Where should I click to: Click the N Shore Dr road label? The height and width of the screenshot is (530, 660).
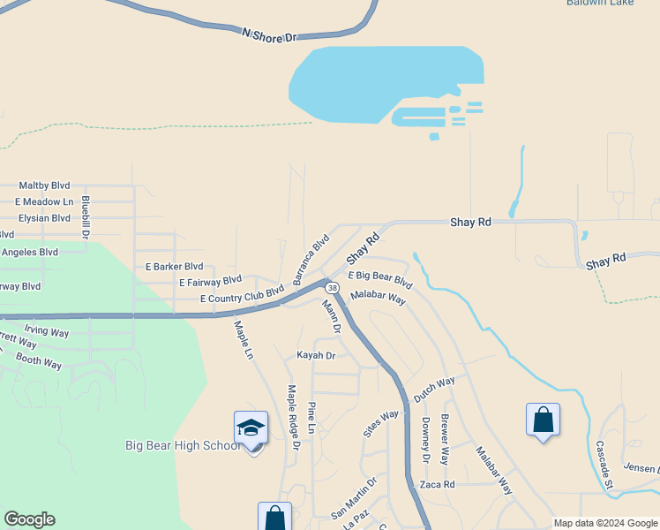(x=271, y=34)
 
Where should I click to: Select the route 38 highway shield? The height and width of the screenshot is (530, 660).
(x=332, y=288)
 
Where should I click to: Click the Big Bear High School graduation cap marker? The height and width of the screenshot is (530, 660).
(x=251, y=429)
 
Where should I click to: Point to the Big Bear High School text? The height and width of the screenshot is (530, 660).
(x=183, y=445)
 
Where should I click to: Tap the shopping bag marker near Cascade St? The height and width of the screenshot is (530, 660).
(x=543, y=420)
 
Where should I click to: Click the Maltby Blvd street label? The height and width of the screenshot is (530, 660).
(x=46, y=185)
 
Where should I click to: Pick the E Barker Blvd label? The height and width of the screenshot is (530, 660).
(x=174, y=266)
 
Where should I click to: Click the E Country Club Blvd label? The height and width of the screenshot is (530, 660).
(x=242, y=294)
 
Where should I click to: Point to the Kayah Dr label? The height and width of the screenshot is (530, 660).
(x=316, y=355)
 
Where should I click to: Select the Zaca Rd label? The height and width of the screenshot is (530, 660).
(x=437, y=485)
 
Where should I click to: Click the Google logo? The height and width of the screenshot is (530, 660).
(x=29, y=519)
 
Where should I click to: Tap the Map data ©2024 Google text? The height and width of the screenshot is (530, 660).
(x=605, y=523)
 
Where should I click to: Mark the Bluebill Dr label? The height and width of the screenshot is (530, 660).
(x=86, y=217)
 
